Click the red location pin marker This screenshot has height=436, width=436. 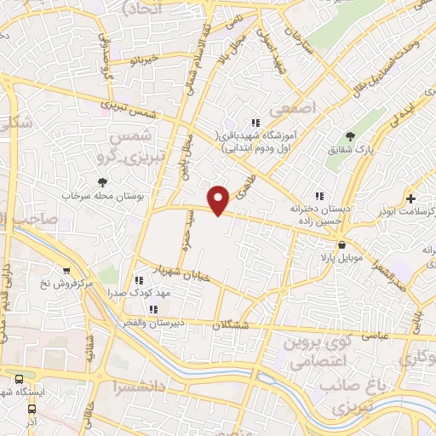click(220, 199)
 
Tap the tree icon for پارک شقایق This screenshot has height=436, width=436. click(350, 136)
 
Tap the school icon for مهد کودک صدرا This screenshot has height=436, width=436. click(139, 279)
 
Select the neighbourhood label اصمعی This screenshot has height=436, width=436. click(291, 109)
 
